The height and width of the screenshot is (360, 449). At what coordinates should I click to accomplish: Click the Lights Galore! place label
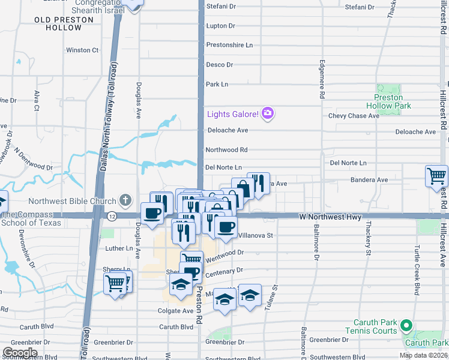click(233, 114)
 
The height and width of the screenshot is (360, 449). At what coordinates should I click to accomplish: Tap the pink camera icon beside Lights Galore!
click(268, 113)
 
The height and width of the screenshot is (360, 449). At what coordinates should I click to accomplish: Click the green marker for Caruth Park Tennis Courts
click(406, 326)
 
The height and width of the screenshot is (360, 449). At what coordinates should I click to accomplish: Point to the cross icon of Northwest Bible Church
click(125, 199)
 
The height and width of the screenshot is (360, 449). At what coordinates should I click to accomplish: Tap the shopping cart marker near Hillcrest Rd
click(436, 176)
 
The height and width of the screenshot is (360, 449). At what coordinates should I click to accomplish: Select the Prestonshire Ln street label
click(229, 45)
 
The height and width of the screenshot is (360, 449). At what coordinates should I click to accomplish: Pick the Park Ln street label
click(217, 85)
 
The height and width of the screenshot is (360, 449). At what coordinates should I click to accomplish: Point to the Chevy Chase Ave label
click(354, 116)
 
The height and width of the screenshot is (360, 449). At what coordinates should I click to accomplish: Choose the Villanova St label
click(256, 236)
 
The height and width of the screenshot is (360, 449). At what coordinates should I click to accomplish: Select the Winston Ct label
click(82, 50)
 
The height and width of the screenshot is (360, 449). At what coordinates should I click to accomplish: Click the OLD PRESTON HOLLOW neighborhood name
click(64, 24)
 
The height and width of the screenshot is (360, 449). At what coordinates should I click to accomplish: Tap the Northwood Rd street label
click(226, 150)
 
